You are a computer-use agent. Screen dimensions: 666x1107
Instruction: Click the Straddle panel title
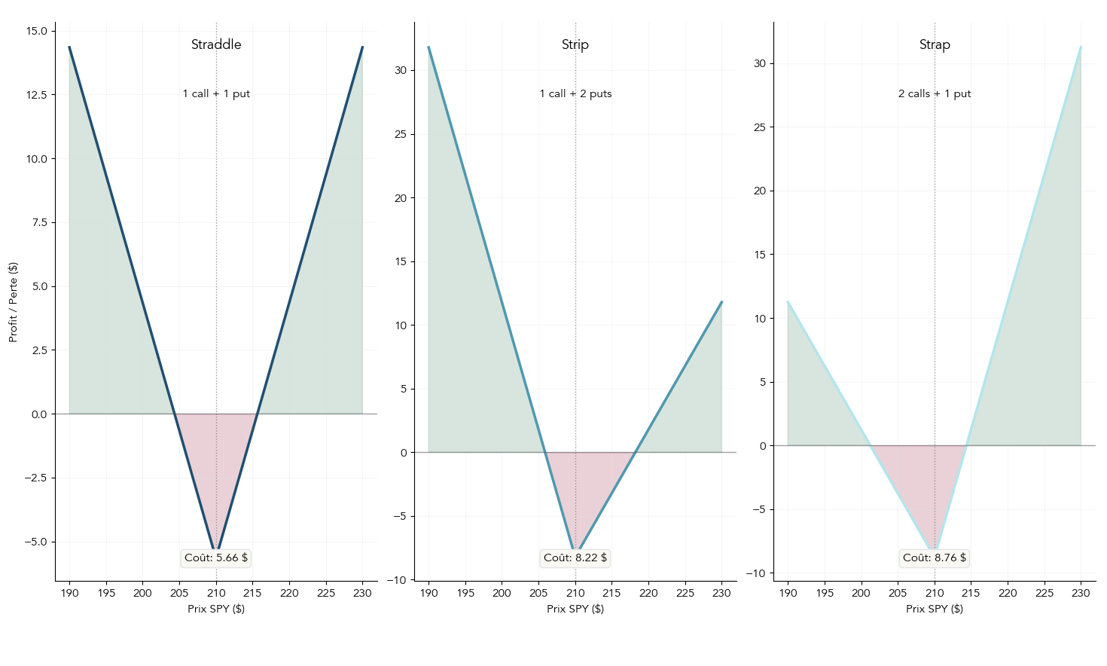click(216, 44)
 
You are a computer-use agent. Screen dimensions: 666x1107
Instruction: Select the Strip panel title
click(575, 44)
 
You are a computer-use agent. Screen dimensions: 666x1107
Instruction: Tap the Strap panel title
click(935, 44)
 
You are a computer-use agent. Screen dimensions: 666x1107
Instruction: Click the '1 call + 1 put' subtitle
click(216, 93)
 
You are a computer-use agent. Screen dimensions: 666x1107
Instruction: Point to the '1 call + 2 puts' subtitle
click(575, 93)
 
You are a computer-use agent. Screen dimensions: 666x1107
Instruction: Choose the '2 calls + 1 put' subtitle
click(935, 93)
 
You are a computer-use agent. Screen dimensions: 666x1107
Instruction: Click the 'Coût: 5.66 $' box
click(216, 558)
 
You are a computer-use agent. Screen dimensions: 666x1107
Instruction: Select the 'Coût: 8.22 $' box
click(575, 558)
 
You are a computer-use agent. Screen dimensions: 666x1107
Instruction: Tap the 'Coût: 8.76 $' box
click(935, 558)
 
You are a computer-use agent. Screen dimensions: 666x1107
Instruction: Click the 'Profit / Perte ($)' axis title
click(13, 302)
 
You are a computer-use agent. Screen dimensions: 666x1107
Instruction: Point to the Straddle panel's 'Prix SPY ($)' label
click(216, 609)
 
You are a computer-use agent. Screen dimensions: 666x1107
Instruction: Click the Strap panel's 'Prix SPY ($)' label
click(935, 609)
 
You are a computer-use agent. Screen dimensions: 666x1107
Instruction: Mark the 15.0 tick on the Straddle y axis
click(36, 31)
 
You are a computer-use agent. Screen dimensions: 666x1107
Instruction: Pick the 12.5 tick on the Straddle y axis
click(36, 95)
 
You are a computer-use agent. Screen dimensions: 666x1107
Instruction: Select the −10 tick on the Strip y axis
click(397, 580)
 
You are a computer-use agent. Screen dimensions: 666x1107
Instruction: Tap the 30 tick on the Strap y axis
click(760, 63)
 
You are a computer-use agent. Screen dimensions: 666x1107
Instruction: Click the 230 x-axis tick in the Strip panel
click(721, 593)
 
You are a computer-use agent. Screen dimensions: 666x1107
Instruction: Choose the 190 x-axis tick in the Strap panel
click(788, 593)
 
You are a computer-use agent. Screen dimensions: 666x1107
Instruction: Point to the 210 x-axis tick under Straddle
click(216, 593)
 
